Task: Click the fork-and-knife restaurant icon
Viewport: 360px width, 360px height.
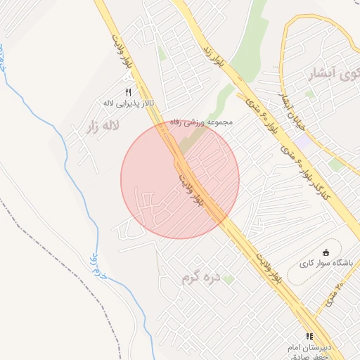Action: point(128,92)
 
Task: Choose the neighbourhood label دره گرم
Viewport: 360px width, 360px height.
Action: point(200,278)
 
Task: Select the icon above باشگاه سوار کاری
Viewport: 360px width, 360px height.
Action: point(325,252)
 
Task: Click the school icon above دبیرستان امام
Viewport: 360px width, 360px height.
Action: point(309,336)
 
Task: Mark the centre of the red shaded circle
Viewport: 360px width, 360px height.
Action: point(180,179)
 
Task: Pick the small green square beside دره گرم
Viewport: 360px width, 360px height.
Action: point(229,279)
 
